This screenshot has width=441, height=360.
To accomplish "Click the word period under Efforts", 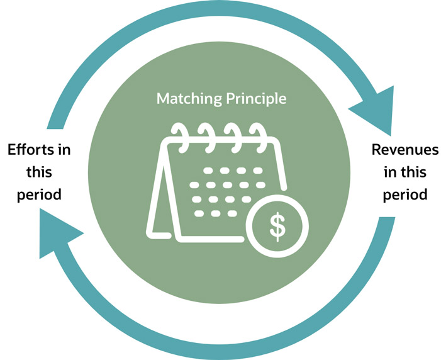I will (x=39, y=194).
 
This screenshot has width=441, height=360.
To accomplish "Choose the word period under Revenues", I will (x=405, y=194).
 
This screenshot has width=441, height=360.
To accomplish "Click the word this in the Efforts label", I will (x=39, y=172).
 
